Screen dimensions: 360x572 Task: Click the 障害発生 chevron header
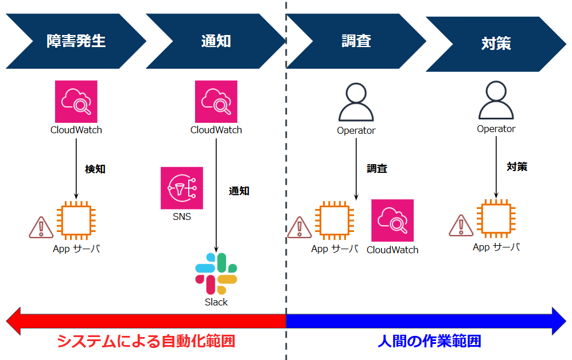76,41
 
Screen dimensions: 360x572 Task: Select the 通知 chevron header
216,41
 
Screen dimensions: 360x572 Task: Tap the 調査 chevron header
356,41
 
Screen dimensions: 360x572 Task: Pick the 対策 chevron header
496,44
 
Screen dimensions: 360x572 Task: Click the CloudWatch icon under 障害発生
76,102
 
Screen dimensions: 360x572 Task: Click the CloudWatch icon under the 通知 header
216,102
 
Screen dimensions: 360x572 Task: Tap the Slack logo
216,273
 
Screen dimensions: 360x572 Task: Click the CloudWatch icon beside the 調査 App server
392,220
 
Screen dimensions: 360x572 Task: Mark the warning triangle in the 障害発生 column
41,227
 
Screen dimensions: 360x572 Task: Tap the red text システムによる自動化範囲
146,341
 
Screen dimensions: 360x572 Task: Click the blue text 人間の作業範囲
429,341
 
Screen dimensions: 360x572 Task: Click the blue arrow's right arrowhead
559,320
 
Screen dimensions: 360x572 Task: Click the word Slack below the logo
216,302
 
